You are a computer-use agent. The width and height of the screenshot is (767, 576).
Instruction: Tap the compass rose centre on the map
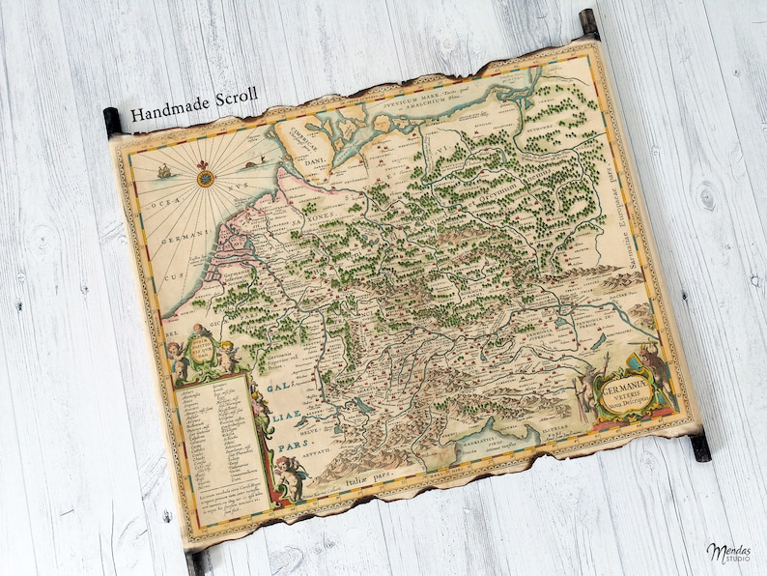click(x=204, y=178)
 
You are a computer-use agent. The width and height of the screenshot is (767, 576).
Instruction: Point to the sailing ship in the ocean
click(x=164, y=171)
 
